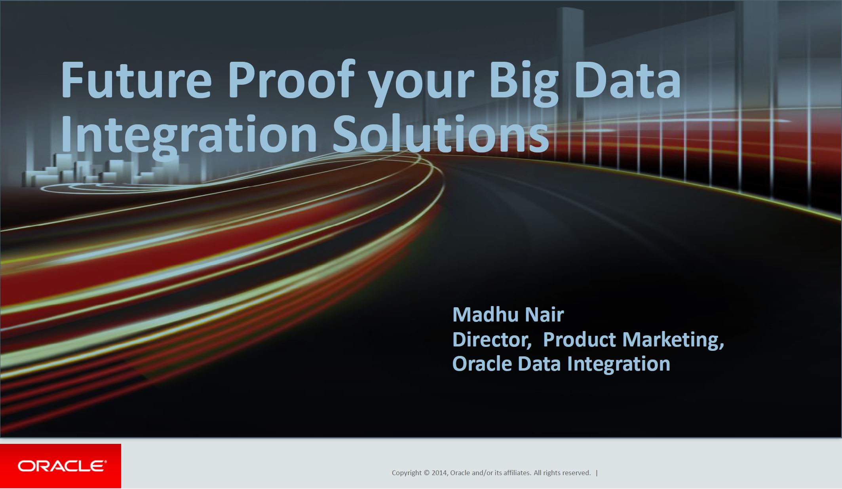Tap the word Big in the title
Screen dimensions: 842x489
click(523, 83)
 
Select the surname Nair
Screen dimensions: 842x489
click(544, 314)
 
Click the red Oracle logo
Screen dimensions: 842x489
click(61, 466)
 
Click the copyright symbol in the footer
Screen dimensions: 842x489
click(427, 473)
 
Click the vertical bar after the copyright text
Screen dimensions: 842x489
click(597, 473)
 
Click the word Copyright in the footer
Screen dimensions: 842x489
click(407, 473)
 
